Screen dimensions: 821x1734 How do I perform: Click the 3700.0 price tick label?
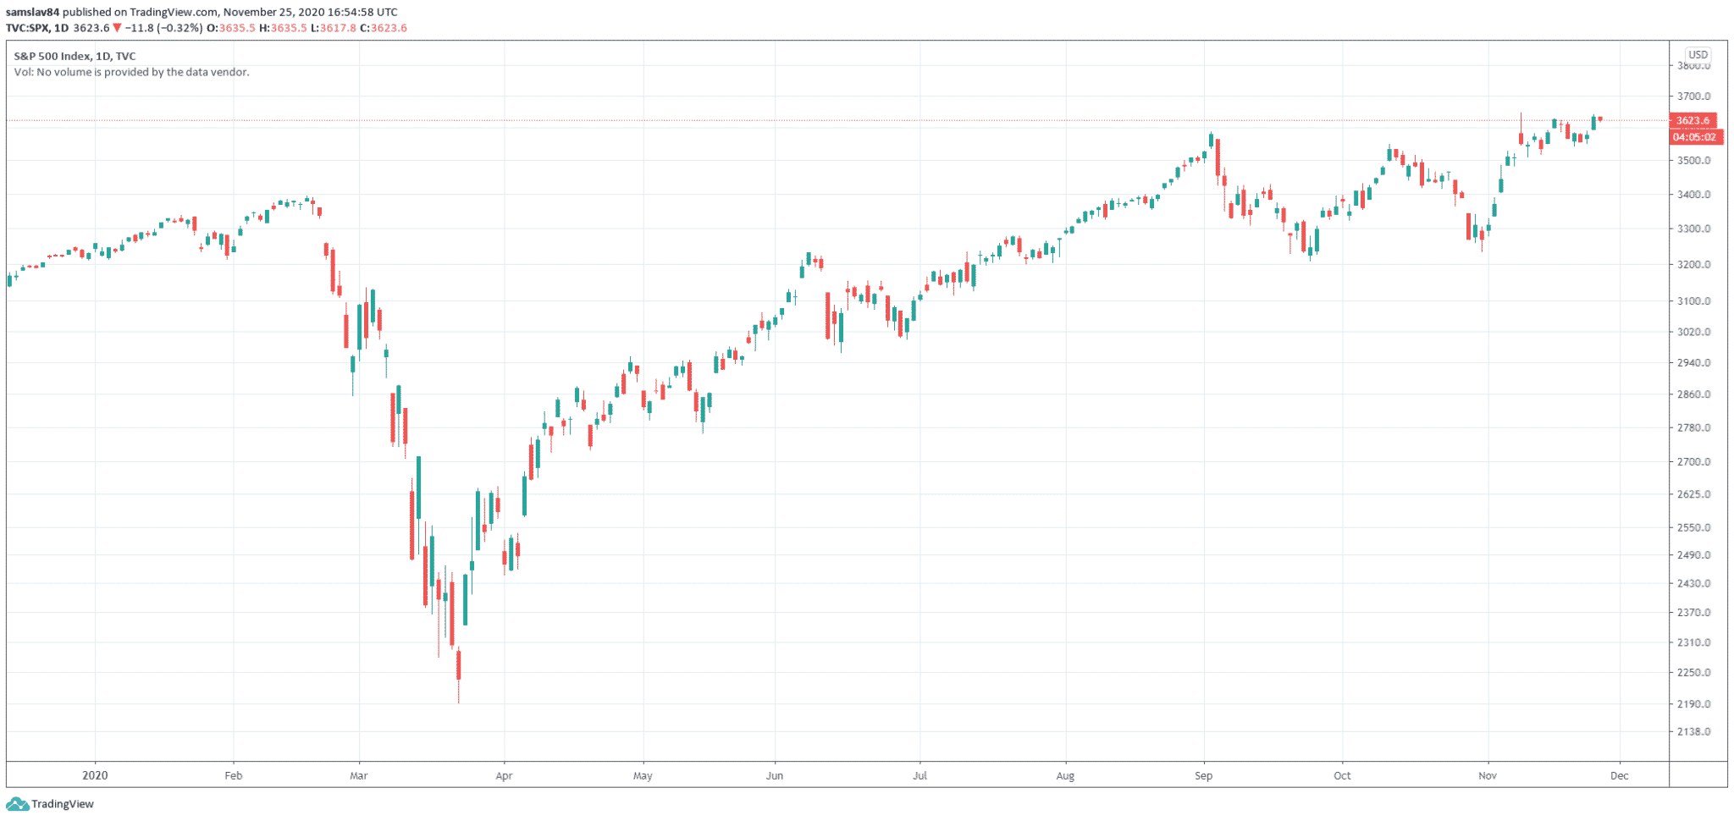click(x=1693, y=96)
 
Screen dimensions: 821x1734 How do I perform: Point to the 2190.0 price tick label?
click(x=1693, y=704)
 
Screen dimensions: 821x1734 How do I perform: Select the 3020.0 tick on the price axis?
click(x=1693, y=332)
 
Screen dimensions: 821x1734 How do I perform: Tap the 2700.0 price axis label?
click(x=1693, y=462)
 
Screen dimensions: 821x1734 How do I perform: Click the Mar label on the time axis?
click(x=358, y=775)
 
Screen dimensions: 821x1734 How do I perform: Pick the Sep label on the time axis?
click(x=1203, y=775)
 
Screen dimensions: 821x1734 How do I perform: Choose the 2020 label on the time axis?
click(x=95, y=775)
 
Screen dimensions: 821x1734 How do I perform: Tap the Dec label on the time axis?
click(x=1619, y=775)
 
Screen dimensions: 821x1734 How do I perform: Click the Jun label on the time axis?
click(x=774, y=775)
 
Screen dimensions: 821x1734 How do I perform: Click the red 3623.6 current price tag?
click(x=1693, y=120)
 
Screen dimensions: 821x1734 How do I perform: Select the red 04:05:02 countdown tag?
click(x=1694, y=137)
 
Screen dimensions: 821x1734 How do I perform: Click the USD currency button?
click(x=1698, y=55)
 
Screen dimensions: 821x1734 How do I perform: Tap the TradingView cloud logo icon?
click(x=17, y=804)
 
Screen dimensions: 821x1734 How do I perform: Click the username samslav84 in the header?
click(x=33, y=12)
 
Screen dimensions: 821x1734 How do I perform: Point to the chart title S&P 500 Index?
click(x=52, y=56)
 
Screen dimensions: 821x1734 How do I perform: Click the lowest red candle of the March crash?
click(x=459, y=665)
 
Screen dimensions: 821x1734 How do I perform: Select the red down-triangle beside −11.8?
click(x=117, y=28)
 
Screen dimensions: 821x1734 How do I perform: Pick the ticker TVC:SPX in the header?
click(x=27, y=28)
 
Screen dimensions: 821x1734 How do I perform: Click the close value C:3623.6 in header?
click(x=384, y=28)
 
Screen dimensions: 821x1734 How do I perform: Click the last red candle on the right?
click(x=1599, y=119)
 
